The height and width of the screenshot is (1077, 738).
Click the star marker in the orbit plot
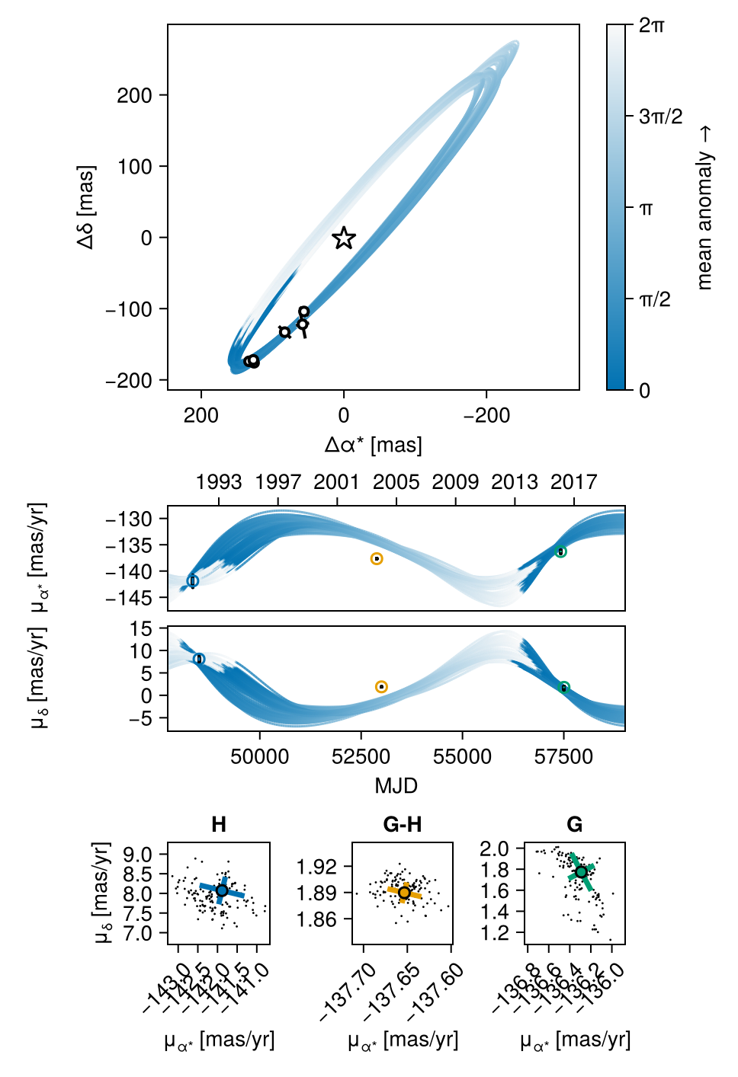pyautogui.click(x=344, y=238)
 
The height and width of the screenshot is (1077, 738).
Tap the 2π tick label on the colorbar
pyautogui.click(x=652, y=25)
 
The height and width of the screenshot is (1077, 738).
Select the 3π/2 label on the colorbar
pyautogui.click(x=660, y=117)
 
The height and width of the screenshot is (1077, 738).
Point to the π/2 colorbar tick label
pyautogui.click(x=655, y=299)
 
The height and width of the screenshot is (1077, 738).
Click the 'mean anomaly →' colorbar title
pyautogui.click(x=705, y=207)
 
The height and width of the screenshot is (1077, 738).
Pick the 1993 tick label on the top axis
pyautogui.click(x=219, y=482)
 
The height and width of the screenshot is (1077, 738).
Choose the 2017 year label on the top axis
pyautogui.click(x=573, y=482)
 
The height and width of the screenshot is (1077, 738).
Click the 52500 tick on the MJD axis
pyautogui.click(x=361, y=756)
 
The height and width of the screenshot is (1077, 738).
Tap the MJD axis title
pyautogui.click(x=396, y=785)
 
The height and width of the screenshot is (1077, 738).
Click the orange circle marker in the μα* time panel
pyautogui.click(x=377, y=559)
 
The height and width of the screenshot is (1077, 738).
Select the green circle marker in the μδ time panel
pyautogui.click(x=564, y=687)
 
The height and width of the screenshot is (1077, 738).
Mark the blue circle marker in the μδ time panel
pyautogui.click(x=199, y=659)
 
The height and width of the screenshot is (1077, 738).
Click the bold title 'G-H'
pyautogui.click(x=403, y=825)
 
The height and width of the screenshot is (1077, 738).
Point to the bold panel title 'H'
pyautogui.click(x=219, y=825)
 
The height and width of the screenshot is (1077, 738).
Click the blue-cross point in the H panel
pyautogui.click(x=222, y=890)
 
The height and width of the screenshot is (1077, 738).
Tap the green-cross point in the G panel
pyautogui.click(x=581, y=872)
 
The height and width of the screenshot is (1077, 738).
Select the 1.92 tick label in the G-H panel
pyautogui.click(x=317, y=867)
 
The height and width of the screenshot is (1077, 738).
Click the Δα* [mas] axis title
pyautogui.click(x=374, y=445)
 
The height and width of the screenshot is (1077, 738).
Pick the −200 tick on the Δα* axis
pyautogui.click(x=486, y=415)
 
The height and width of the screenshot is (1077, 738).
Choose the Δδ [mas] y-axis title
pyautogui.click(x=86, y=207)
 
